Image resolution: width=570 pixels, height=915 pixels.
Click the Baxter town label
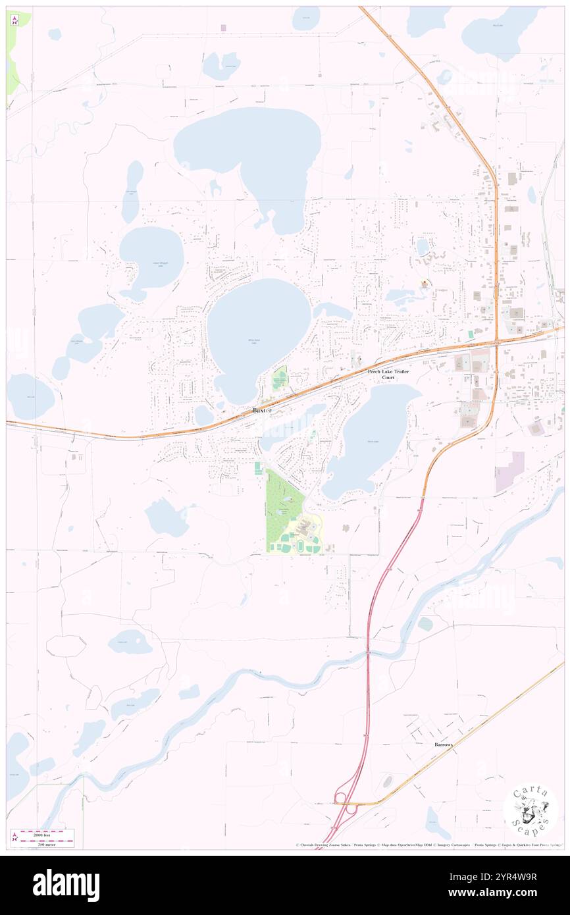point(262,410)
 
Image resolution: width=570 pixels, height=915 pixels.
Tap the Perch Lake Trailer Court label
point(388,375)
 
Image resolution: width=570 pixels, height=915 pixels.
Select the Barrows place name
point(443,745)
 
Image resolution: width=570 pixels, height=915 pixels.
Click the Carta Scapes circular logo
point(531,809)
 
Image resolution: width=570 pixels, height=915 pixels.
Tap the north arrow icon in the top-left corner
point(14,20)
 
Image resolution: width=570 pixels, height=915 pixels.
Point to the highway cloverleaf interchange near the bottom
point(343,804)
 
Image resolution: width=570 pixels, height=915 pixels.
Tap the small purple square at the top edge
point(224,27)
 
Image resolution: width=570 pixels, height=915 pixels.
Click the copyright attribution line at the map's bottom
point(428,845)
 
